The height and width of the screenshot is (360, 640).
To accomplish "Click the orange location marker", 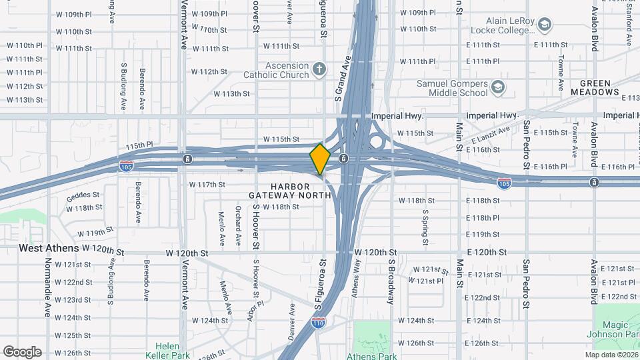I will click(320, 159).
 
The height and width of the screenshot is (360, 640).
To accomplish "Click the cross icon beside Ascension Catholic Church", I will click(319, 69).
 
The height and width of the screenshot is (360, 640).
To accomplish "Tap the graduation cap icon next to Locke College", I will click(545, 25).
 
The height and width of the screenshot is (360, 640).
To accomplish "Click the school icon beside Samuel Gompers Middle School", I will click(497, 87).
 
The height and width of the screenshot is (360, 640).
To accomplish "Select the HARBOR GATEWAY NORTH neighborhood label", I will click(290, 191).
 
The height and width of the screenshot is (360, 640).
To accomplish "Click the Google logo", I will click(22, 352).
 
